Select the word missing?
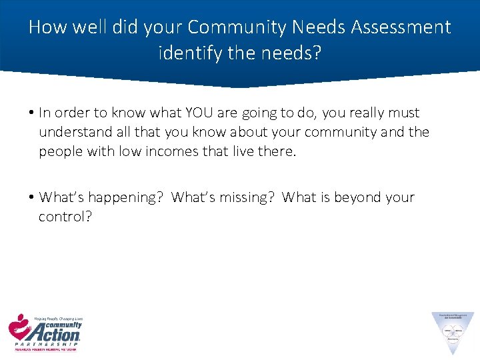(x=241, y=198)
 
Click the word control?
(x=65, y=217)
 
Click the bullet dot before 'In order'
(x=32, y=113)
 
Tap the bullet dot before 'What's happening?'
(x=32, y=198)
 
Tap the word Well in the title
(x=83, y=27)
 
